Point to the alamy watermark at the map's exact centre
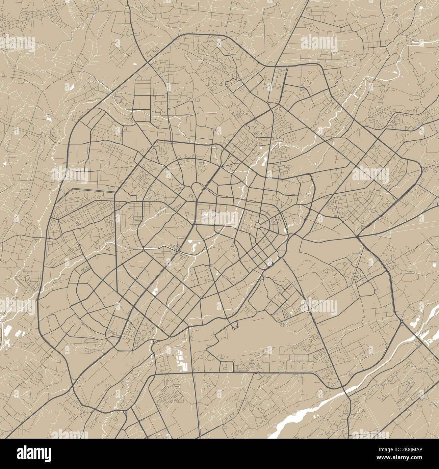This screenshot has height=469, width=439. pyautogui.click(x=219, y=217)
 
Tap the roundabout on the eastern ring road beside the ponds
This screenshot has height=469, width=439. pyautogui.click(x=402, y=321)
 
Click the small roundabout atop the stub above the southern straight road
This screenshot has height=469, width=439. pyautogui.click(x=233, y=362)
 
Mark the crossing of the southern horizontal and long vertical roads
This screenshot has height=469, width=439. pyautogui.click(x=192, y=373)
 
